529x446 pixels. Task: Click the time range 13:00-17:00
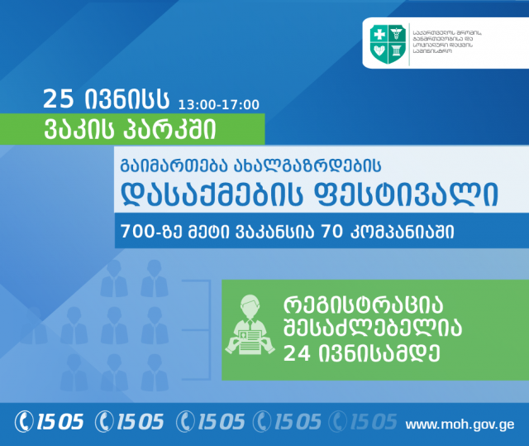point(218,104)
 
